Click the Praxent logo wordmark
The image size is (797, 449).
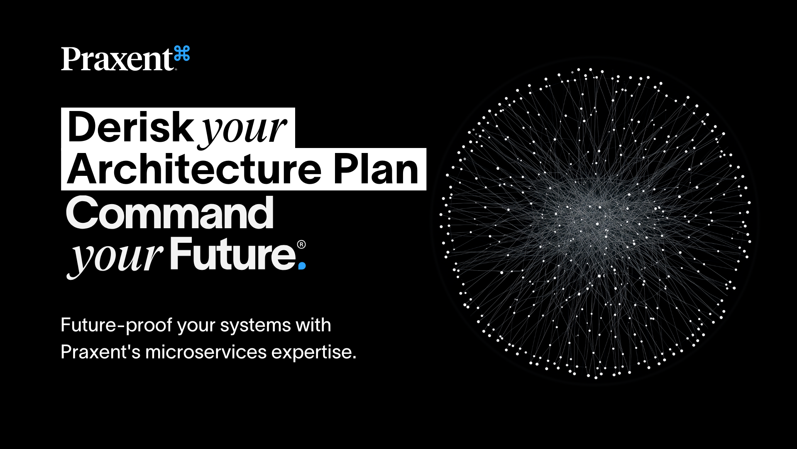(x=117, y=59)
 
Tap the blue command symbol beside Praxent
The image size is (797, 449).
(x=182, y=54)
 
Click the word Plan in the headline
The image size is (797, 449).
(x=376, y=170)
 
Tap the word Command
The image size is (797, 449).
(x=170, y=213)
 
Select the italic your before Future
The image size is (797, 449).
(x=116, y=256)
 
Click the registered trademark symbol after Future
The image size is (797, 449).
(x=302, y=244)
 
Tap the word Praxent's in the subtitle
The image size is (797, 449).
(x=100, y=352)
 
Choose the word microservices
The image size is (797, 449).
(x=206, y=352)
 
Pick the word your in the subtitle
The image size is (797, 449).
(x=196, y=326)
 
